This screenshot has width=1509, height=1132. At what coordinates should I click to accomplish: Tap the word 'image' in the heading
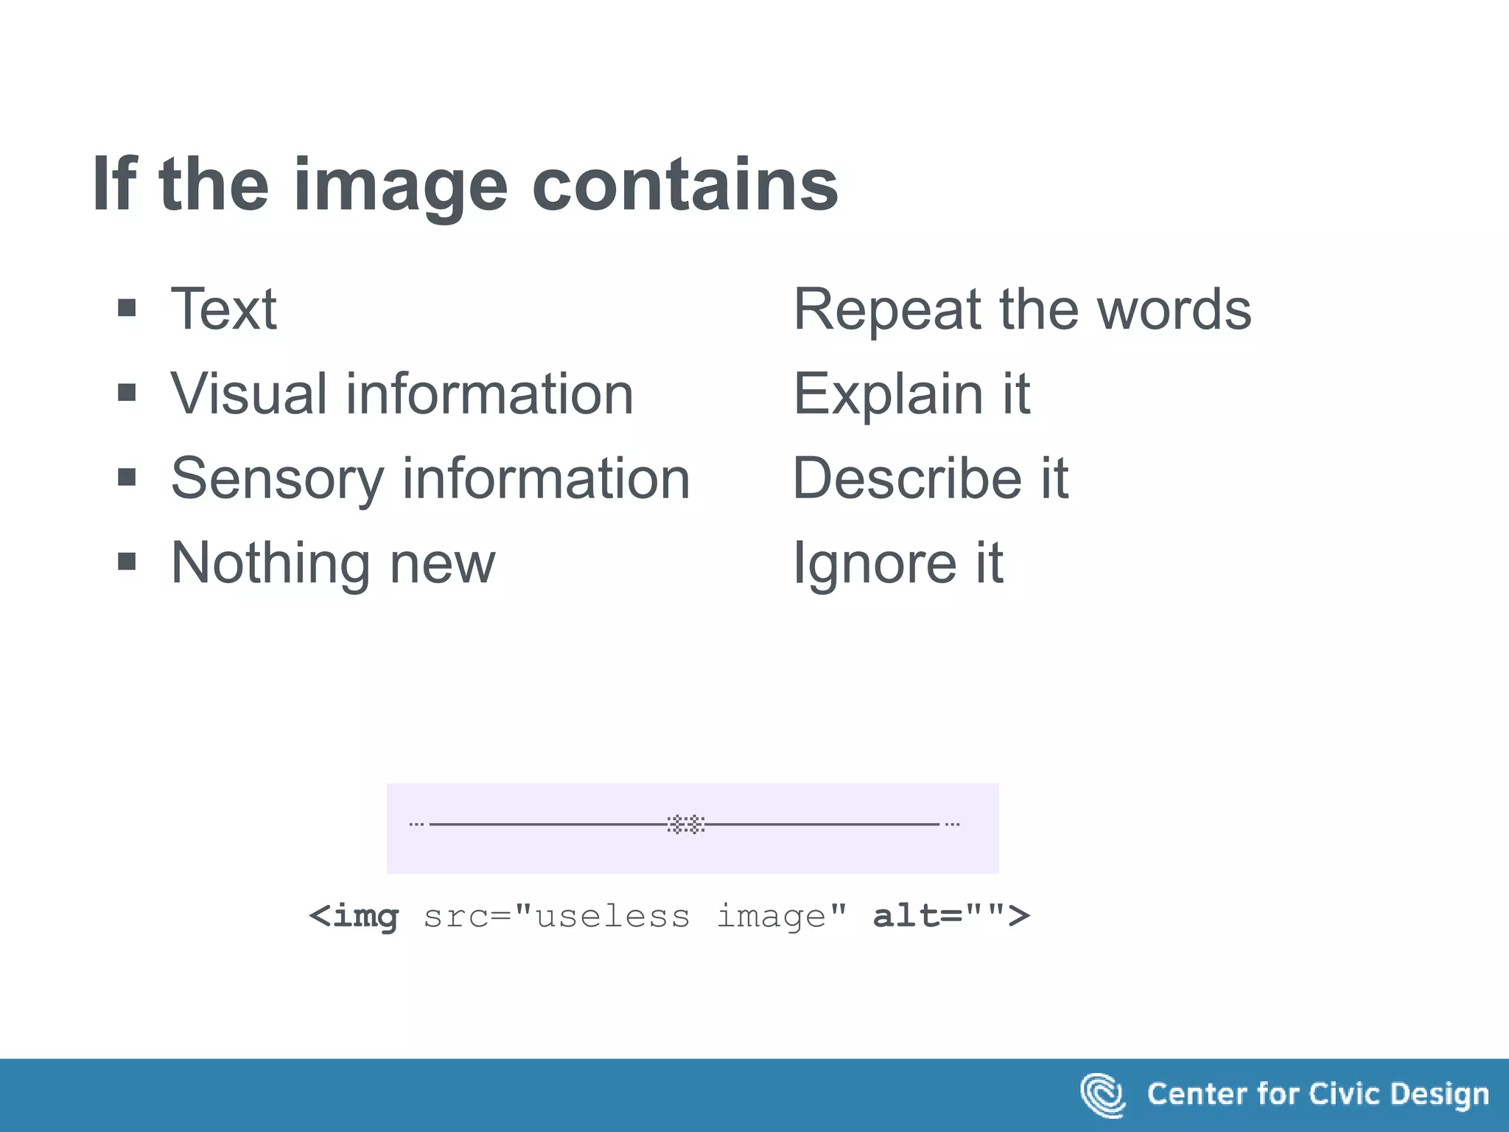click(x=401, y=188)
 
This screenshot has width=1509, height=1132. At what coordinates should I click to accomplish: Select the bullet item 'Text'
click(x=224, y=309)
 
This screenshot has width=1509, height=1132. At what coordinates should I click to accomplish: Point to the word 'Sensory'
click(x=278, y=479)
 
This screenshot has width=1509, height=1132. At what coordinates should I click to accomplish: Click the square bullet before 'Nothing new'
click(x=127, y=562)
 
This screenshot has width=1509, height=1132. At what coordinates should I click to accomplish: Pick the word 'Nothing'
click(x=270, y=563)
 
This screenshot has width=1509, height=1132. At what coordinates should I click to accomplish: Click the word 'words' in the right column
click(x=1174, y=310)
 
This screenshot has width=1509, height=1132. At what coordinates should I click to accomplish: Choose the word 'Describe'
click(x=906, y=478)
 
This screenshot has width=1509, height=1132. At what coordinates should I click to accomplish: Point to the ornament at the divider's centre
click(x=686, y=824)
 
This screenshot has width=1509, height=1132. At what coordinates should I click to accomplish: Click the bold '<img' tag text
click(x=354, y=917)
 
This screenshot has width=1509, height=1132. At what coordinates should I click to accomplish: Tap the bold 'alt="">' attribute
click(x=951, y=916)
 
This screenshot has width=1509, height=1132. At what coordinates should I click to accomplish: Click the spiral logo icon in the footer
click(x=1102, y=1095)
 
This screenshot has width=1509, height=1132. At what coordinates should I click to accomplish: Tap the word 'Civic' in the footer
click(x=1344, y=1094)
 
